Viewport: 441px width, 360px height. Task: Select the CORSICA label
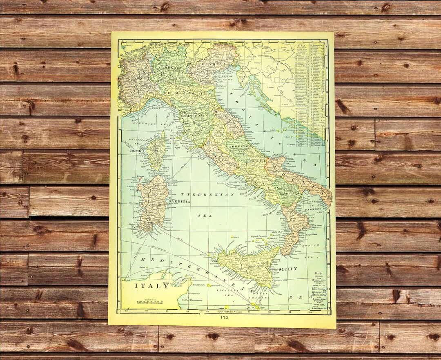tap(137, 151)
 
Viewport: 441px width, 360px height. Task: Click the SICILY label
tap(288, 269)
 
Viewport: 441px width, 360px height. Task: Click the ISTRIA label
tap(244, 76)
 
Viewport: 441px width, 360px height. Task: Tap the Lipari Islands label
tap(258, 236)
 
